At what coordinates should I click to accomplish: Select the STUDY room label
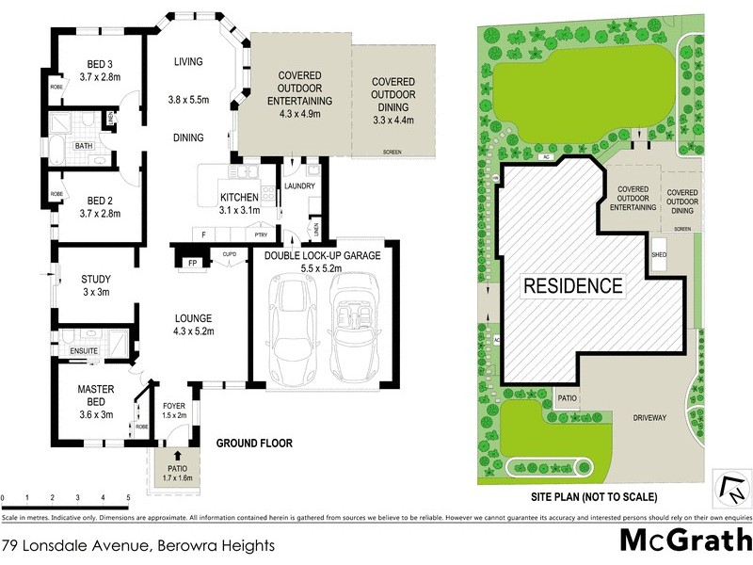point(97,279)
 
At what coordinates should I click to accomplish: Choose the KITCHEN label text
point(239,197)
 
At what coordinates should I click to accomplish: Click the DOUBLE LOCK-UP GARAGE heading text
point(323,255)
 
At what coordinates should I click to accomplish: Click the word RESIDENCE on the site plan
point(572,285)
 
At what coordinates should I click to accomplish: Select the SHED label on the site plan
point(659,253)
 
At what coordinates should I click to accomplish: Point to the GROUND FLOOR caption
point(254,443)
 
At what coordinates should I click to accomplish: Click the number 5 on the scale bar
point(128,497)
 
